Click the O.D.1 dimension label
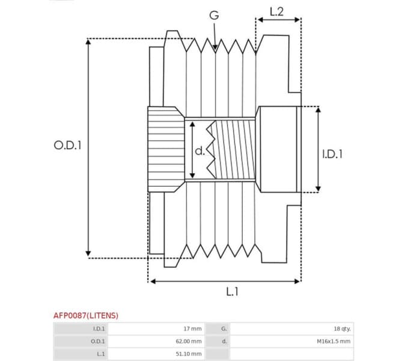(x=67, y=146)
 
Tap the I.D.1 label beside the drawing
(x=332, y=154)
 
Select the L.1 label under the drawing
(x=232, y=292)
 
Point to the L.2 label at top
(x=277, y=10)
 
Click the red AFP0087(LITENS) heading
(x=86, y=315)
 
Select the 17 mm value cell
(x=192, y=329)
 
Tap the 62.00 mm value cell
(x=188, y=341)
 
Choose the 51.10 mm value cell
(x=188, y=354)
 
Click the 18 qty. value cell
(x=342, y=329)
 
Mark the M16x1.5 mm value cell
(x=333, y=341)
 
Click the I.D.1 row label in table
(x=99, y=329)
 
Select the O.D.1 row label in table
(x=98, y=341)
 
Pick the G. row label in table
(x=224, y=329)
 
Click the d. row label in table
(x=224, y=341)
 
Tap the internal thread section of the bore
(x=234, y=150)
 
